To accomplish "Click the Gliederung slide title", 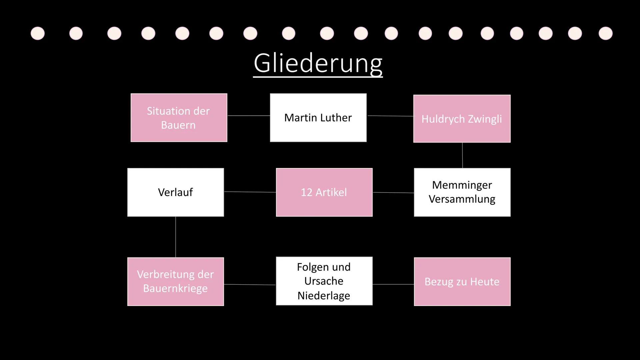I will [318, 63].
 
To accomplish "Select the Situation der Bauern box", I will [179, 118].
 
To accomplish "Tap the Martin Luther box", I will [318, 118].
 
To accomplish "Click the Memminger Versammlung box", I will [462, 192].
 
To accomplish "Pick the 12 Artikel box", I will [324, 192].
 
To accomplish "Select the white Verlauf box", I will [175, 192].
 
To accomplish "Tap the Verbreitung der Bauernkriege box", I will [175, 281].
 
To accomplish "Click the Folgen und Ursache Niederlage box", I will [324, 281].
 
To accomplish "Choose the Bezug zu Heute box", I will [462, 282].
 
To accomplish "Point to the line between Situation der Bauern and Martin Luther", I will [248, 116].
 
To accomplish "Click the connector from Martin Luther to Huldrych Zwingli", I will [390, 116].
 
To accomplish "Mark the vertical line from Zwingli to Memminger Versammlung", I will [462, 155].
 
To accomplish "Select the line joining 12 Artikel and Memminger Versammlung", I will [393, 192].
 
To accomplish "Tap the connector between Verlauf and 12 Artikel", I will [250, 192].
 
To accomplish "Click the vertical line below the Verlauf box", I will [176, 237].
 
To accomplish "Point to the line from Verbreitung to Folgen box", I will [250, 285].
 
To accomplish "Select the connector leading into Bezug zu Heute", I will [393, 284].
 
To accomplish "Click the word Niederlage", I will [324, 296].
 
